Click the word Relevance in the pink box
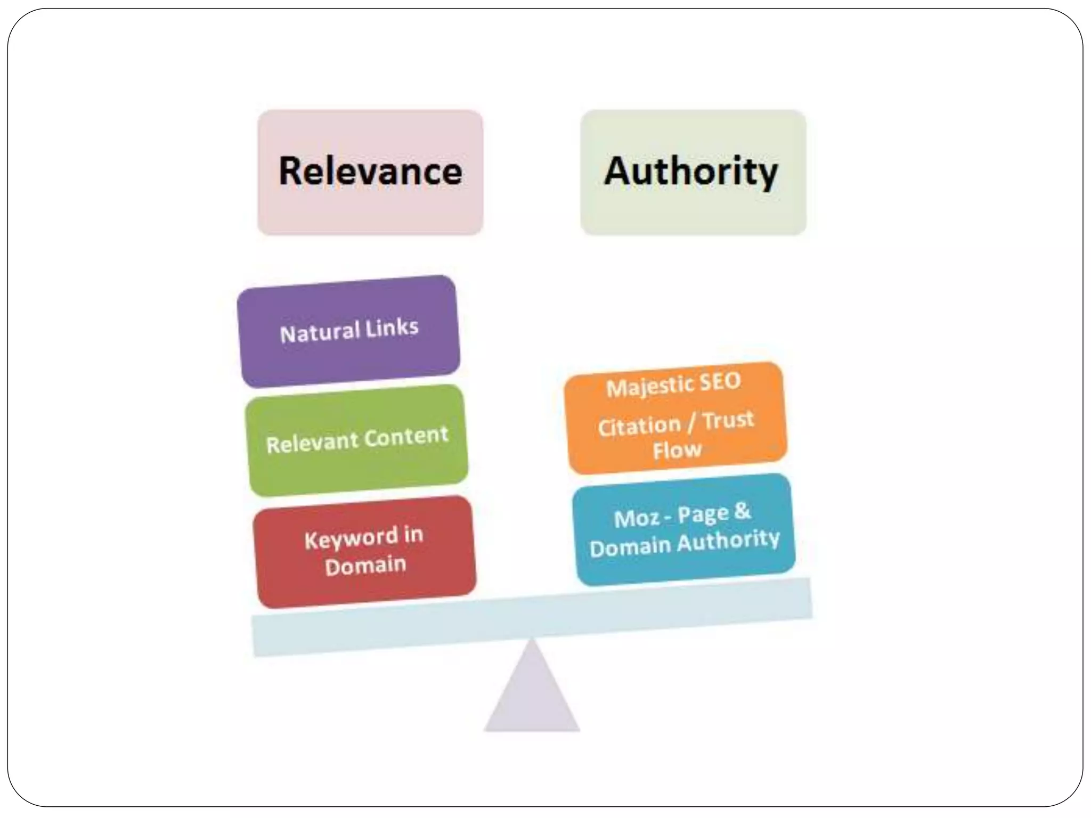pos(370,171)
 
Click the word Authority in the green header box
pos(691,171)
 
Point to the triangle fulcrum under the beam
pos(532,692)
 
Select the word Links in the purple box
pos(392,327)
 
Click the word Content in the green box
pos(406,437)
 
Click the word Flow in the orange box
pos(678,451)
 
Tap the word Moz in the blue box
pos(636,518)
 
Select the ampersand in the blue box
pos(742,511)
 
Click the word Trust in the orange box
pos(728,420)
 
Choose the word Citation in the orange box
pos(639,426)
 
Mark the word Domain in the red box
pos(365,566)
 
